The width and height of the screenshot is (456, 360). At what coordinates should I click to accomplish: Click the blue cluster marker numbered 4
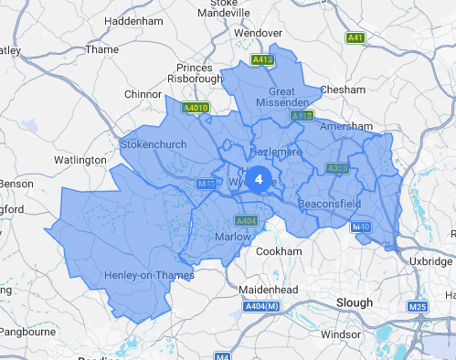pos(259,179)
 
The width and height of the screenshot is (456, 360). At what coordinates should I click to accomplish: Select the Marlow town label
pos(233,237)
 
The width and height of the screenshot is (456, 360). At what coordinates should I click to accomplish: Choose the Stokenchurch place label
pos(154,144)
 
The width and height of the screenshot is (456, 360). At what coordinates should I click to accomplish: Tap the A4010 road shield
pos(196,108)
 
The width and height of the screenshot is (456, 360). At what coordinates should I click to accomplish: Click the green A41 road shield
pos(355,37)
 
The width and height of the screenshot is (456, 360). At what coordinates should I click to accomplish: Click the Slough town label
pos(354,302)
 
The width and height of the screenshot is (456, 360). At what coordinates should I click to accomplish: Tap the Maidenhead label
pos(243,290)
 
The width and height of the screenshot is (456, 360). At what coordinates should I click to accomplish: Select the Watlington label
pos(80,160)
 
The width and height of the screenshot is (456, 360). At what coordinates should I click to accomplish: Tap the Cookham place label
pos(279,251)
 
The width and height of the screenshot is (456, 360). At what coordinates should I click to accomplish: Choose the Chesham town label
pos(343,90)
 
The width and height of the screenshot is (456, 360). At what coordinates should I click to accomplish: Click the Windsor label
pos(341,334)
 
